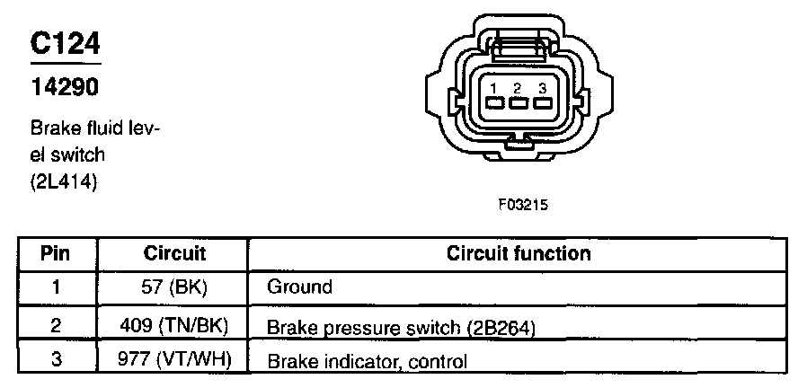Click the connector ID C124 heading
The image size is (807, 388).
(x=65, y=44)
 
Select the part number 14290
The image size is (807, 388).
(x=63, y=87)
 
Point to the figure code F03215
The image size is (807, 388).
(x=522, y=204)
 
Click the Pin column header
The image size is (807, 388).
(x=56, y=253)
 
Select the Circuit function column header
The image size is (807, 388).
(x=519, y=253)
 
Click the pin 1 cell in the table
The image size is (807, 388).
(x=56, y=288)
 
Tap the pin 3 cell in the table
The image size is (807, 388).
(x=56, y=361)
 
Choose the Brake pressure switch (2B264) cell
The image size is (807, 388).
(x=402, y=327)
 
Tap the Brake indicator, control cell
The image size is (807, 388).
(x=368, y=363)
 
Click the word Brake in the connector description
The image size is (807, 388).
(x=51, y=129)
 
